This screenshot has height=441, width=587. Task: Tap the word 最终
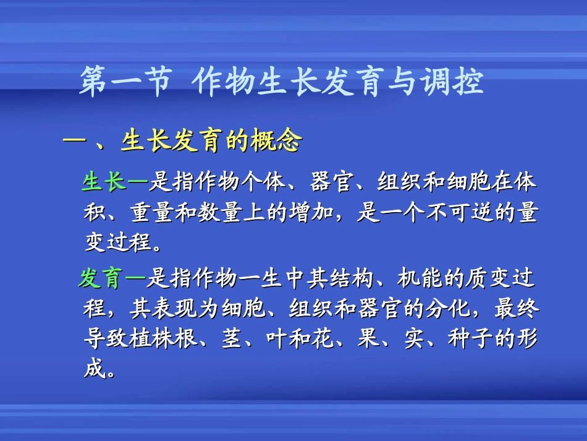pyautogui.click(x=518, y=308)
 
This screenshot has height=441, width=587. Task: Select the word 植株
pyautogui.click(x=151, y=338)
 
